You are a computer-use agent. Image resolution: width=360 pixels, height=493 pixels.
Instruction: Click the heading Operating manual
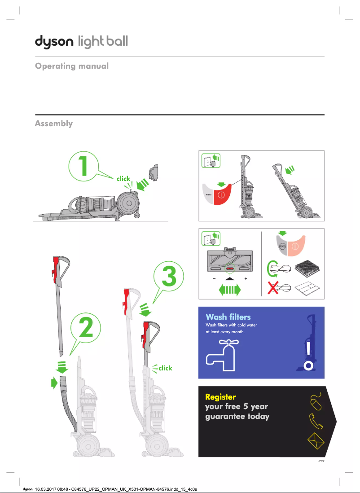72,66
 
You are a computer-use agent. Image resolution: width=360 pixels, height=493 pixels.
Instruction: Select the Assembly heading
54,123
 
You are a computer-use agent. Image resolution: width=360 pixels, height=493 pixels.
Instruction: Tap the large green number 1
83,166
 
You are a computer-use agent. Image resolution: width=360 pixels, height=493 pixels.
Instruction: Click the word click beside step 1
123,179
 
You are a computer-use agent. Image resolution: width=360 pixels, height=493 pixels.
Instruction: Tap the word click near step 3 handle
165,368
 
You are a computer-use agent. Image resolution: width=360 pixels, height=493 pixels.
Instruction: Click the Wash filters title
228,317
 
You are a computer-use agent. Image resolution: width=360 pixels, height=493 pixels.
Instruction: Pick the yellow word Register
220,397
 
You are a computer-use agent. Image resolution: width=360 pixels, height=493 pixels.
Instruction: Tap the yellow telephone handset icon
316,422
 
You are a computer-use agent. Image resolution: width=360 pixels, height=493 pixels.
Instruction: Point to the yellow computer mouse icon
316,401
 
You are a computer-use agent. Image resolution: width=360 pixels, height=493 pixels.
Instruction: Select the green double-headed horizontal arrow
229,291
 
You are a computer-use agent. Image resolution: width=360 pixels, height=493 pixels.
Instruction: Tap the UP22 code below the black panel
318,461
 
